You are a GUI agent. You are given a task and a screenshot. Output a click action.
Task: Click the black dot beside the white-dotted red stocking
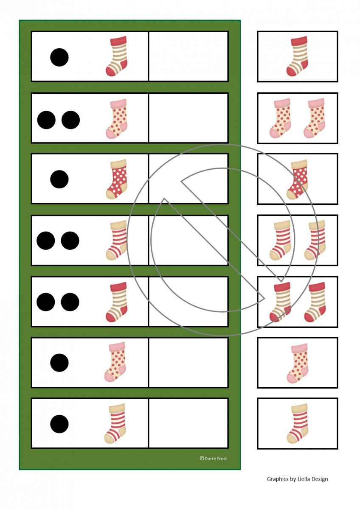[x=59, y=179]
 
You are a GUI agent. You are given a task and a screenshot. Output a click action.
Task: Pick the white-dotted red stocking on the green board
[x=116, y=179]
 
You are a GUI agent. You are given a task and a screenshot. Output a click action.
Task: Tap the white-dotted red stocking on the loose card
[x=297, y=179]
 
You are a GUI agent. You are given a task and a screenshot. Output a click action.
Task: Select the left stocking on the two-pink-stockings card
[x=279, y=118]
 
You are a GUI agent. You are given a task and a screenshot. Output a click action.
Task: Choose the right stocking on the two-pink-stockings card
[x=314, y=118]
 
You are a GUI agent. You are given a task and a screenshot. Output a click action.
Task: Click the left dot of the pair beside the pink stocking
[x=46, y=120]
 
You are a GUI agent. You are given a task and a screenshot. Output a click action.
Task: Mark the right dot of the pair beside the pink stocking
[x=71, y=120]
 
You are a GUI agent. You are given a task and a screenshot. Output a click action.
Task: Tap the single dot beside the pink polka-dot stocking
[x=59, y=363]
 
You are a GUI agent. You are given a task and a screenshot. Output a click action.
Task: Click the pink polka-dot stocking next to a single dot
[x=115, y=362]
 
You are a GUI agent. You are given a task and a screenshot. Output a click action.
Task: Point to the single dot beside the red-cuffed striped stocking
[x=59, y=57]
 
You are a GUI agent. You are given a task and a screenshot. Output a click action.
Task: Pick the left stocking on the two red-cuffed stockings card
[x=280, y=302]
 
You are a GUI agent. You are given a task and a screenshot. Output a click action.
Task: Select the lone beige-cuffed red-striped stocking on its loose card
[x=297, y=424]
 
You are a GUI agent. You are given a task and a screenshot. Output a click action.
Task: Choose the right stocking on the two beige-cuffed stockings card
[x=315, y=241]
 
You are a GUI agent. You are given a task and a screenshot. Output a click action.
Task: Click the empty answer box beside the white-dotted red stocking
[x=188, y=179]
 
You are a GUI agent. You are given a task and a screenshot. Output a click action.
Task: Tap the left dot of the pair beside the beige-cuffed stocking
[x=46, y=241]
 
